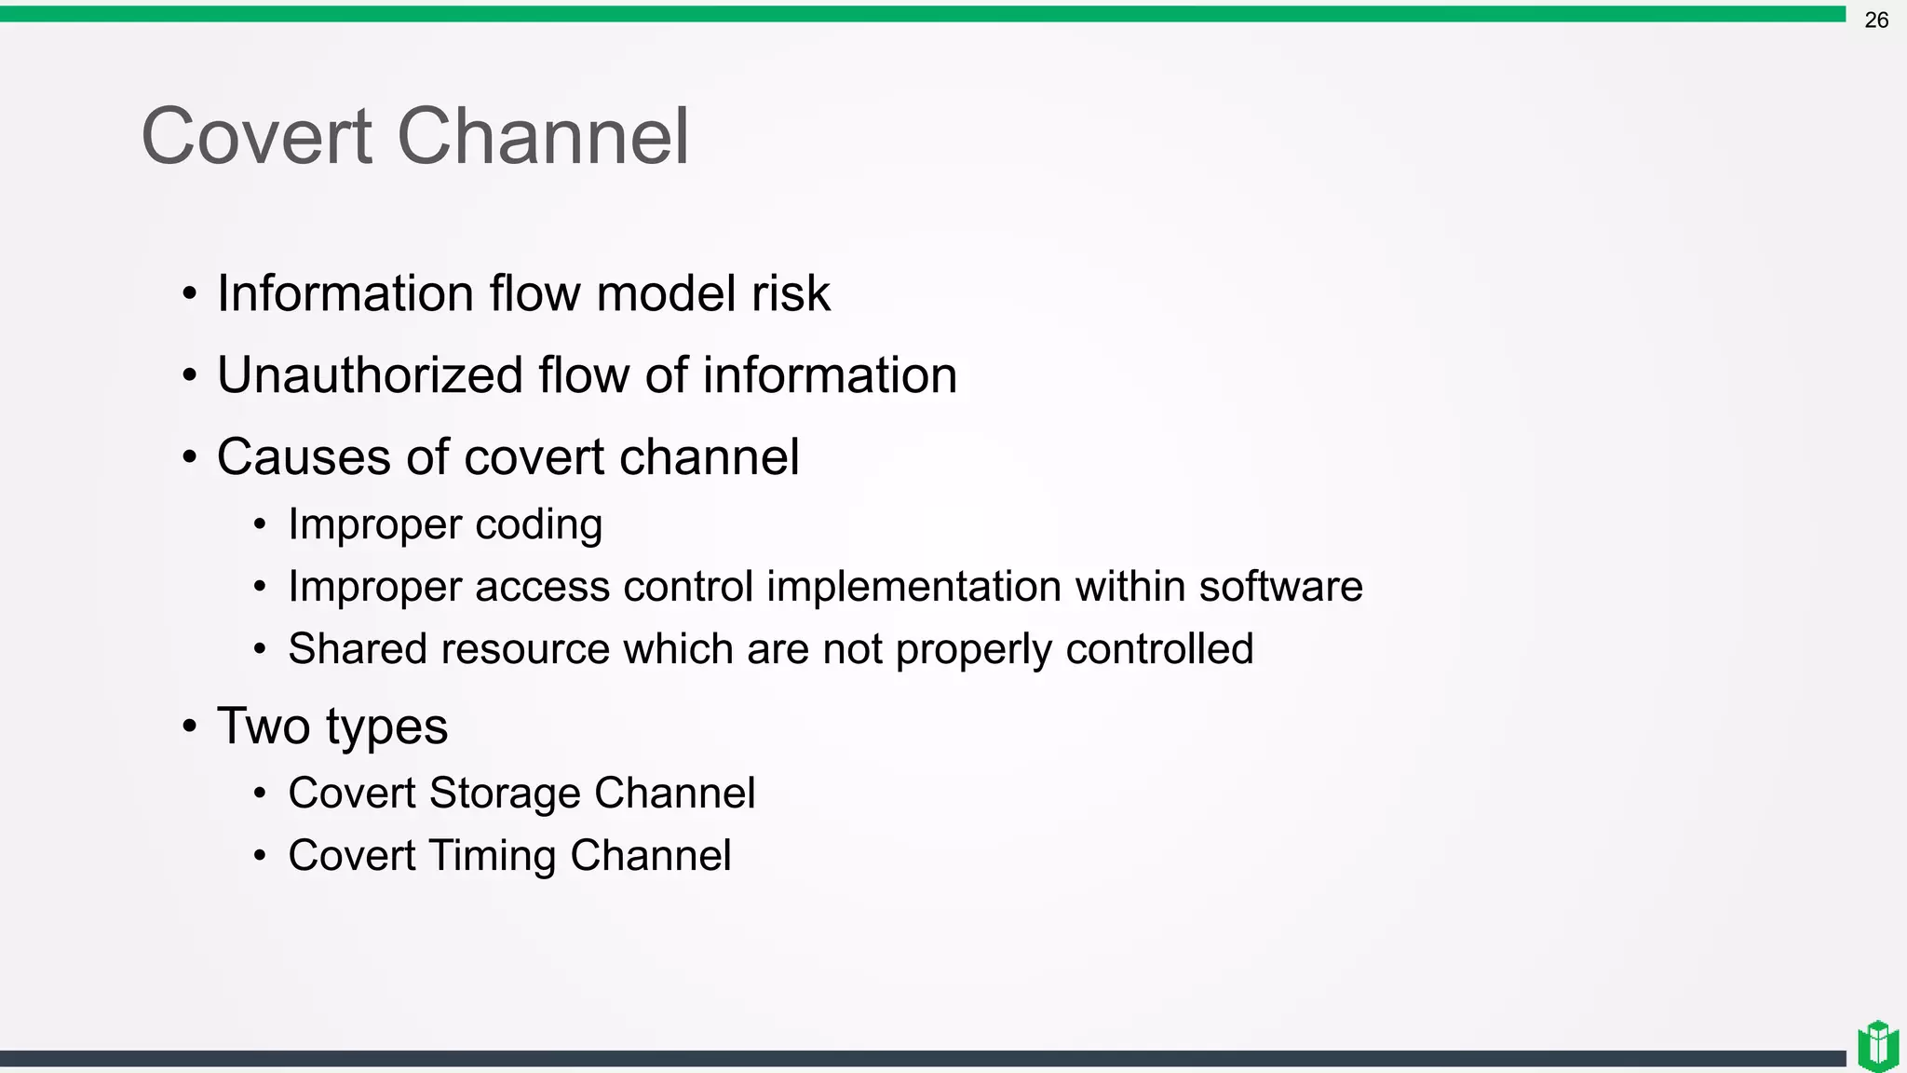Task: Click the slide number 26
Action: point(1875,20)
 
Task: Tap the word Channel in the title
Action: point(543,137)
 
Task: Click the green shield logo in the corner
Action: point(1877,1045)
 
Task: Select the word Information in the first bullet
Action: point(345,293)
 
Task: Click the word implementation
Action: point(913,587)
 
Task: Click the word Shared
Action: point(358,649)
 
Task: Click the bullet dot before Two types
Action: point(190,727)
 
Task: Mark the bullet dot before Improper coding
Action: point(261,525)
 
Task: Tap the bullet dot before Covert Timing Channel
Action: point(261,856)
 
